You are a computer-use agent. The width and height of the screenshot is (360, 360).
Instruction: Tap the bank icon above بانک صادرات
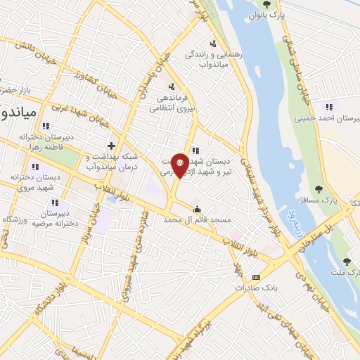click(x=256, y=277)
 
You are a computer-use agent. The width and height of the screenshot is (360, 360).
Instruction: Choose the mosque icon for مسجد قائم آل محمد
click(x=198, y=209)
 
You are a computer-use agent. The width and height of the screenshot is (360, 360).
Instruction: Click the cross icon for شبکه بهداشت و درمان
click(x=112, y=146)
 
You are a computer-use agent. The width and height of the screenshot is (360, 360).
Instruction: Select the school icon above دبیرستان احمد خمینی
click(x=328, y=108)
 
